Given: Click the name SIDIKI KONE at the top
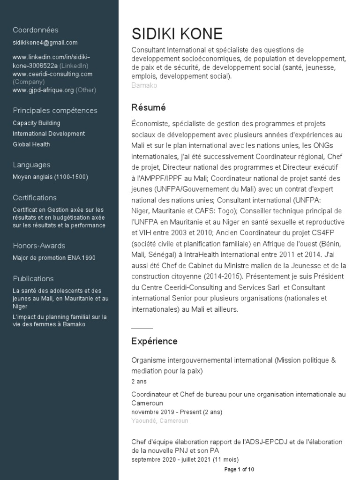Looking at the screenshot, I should [177, 34].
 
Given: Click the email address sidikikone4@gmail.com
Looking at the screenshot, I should [45, 43].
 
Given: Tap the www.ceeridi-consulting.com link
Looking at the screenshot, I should [52, 74].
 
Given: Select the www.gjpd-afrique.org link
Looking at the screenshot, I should [43, 90].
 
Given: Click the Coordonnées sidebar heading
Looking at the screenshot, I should [36, 30].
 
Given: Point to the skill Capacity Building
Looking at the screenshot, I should [37, 123].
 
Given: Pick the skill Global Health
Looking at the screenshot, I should [31, 144].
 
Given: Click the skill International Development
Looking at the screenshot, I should [49, 134].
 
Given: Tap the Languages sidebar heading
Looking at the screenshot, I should [31, 165].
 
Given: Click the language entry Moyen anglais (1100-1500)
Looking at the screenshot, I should [50, 177].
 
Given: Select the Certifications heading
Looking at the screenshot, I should [35, 198].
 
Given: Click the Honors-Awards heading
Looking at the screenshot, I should [39, 246].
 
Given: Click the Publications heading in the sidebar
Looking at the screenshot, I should [33, 278].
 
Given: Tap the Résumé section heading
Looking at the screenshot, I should [149, 108].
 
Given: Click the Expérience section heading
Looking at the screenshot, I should [154, 341].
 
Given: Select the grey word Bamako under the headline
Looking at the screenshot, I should [144, 85].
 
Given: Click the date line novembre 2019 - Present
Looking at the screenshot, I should [177, 412].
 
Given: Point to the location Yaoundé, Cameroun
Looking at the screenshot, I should [160, 420].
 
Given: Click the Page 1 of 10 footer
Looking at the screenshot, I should [239, 469].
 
